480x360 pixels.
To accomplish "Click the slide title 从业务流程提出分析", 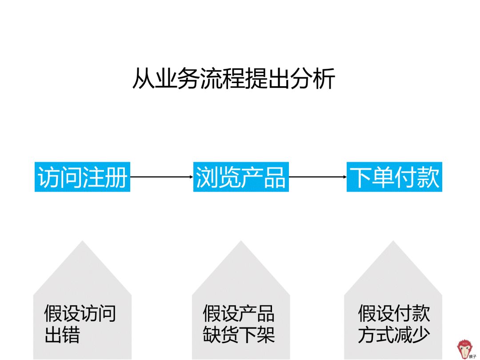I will point(233,79).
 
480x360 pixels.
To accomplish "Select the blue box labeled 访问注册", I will point(82,177).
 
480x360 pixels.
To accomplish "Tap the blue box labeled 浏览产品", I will point(241,177).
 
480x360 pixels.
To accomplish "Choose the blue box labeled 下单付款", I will point(394,177).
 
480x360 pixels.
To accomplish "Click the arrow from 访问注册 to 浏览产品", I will point(162,177).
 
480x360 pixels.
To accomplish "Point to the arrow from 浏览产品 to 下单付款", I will point(318,177).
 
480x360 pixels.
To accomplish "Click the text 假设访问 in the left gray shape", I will point(80,313).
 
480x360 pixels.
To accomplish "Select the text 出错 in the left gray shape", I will point(62,335).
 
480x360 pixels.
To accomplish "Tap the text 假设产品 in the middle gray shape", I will point(239,313).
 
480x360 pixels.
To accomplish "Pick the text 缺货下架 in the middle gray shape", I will point(239,335).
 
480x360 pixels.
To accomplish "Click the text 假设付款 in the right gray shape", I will point(394,313).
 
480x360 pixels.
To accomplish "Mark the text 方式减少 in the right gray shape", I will point(394,335).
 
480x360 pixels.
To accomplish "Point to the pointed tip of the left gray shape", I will point(82,243).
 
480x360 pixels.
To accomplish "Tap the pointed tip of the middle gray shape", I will point(241,243).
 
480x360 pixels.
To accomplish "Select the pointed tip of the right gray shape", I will point(393,243).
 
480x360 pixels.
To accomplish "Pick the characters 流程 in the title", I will point(222,79).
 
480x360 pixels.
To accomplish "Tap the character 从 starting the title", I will point(143,79).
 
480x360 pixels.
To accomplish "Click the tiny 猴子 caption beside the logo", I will point(472,356).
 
